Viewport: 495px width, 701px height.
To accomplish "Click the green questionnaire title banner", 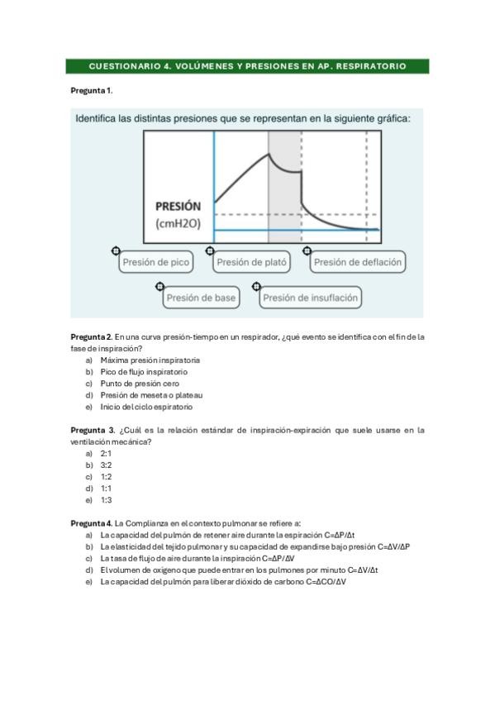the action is click(247, 65).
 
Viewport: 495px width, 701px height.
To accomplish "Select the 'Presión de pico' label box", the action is click(156, 263).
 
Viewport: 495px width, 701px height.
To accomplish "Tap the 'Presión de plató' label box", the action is click(252, 263).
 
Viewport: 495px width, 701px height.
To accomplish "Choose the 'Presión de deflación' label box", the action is click(358, 263).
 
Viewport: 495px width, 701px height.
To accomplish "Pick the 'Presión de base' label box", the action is click(201, 298).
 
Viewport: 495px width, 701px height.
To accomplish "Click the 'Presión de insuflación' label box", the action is click(311, 298).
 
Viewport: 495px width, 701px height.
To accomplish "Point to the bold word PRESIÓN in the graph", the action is click(178, 207).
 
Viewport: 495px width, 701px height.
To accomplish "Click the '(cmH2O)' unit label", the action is click(178, 224).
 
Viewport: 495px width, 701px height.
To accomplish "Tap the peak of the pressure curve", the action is click(269, 154).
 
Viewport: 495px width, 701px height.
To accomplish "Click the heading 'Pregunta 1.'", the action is click(92, 88).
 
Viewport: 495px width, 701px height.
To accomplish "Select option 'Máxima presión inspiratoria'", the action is click(150, 360).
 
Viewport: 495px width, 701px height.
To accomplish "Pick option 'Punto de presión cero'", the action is click(139, 384).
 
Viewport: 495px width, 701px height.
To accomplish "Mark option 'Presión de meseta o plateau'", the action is click(151, 395).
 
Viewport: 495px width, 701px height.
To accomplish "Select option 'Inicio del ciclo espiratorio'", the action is click(146, 407).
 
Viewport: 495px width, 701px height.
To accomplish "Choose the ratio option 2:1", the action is click(106, 454).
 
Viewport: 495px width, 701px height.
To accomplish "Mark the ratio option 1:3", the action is click(106, 500).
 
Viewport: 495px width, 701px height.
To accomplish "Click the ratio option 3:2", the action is click(106, 465).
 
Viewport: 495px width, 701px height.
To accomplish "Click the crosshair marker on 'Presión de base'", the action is click(160, 286).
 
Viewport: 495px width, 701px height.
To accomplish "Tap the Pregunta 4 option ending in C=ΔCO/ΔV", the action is click(223, 581).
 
